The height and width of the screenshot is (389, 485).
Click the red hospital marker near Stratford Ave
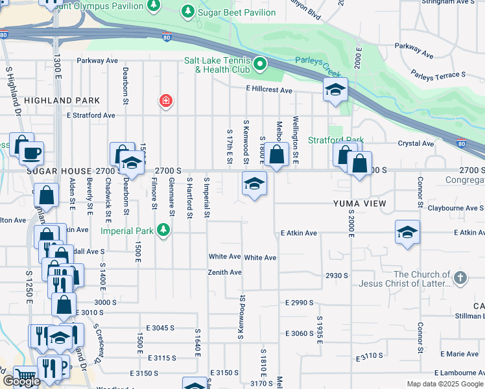166,100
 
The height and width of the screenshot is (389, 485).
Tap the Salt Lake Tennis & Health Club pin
260,64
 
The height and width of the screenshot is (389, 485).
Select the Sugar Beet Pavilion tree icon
187,11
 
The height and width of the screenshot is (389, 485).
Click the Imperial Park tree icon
164,230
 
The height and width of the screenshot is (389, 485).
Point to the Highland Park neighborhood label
62,100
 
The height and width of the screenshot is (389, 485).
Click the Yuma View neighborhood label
360,204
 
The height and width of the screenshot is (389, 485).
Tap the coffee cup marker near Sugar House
31,154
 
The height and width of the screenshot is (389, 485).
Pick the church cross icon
460,279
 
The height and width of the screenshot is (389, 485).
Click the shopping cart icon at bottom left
25,376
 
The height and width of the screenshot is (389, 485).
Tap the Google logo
21,381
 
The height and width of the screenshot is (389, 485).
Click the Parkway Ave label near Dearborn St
97,60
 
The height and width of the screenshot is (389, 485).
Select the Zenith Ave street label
224,272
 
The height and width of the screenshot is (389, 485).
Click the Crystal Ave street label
416,143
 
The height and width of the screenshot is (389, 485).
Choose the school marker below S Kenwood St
255,183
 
